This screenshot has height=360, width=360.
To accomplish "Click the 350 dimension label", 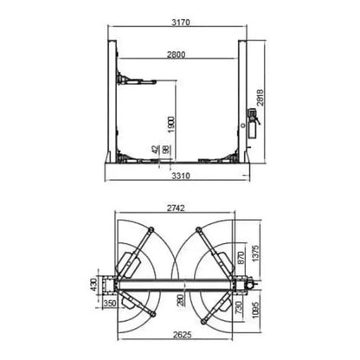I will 110,305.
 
